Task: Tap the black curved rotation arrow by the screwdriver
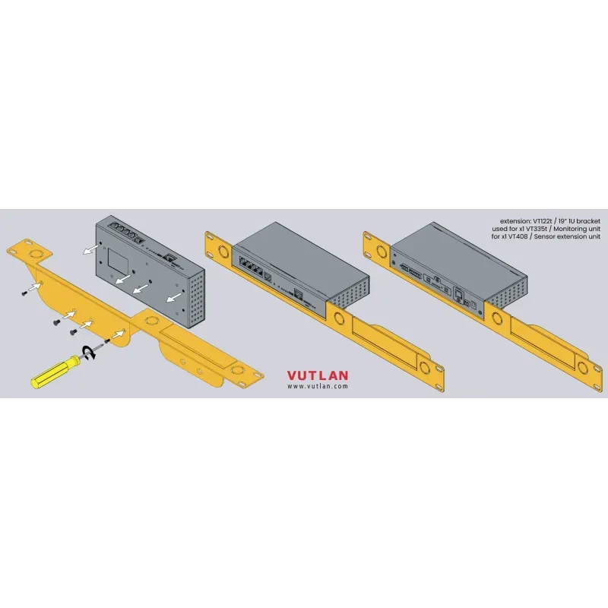pyautogui.click(x=90, y=350)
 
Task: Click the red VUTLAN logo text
pyautogui.click(x=318, y=375)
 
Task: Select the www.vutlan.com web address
pyautogui.click(x=318, y=386)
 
